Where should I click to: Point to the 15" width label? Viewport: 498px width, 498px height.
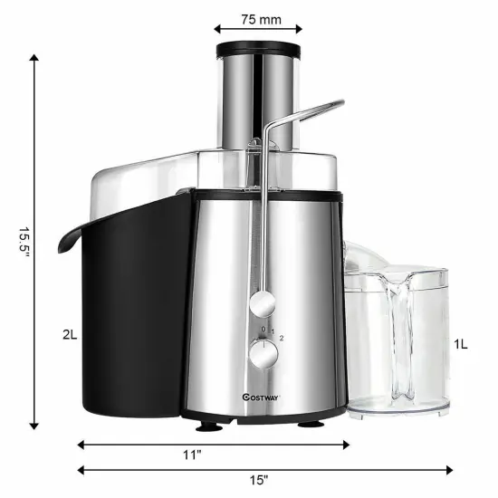coord(261,480)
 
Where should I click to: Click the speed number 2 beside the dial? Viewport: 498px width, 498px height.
coord(282,339)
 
